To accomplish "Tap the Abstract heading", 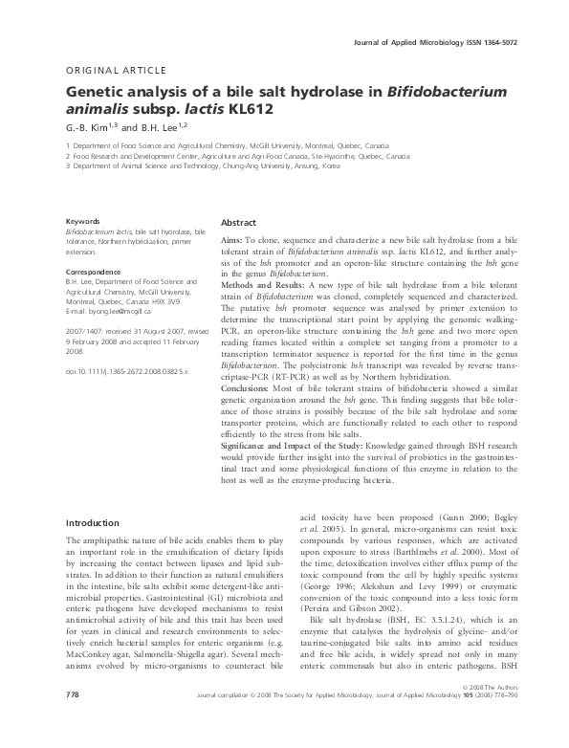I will tap(239, 222).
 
